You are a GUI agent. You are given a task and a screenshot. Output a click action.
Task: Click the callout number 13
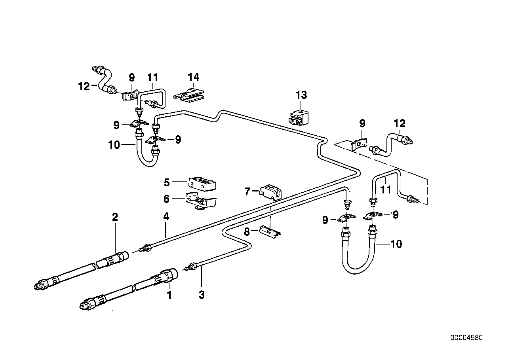click(x=301, y=95)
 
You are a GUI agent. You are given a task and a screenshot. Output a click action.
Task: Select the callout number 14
click(x=193, y=77)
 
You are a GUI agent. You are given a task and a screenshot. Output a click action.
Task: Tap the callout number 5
click(x=167, y=183)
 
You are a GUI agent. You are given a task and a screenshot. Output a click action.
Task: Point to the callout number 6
click(x=166, y=199)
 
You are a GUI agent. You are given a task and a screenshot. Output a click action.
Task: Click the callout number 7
click(x=247, y=191)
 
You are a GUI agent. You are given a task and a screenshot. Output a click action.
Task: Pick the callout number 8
click(x=247, y=232)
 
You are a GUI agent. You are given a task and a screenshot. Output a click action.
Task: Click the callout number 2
click(x=115, y=217)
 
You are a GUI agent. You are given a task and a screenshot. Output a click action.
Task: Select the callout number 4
click(x=166, y=217)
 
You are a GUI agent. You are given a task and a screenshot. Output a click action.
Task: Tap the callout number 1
click(x=169, y=295)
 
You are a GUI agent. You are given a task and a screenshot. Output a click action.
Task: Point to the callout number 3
click(x=202, y=295)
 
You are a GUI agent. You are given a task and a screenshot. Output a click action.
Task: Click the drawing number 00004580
click(x=466, y=338)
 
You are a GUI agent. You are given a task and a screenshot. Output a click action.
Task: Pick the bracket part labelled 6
click(x=200, y=201)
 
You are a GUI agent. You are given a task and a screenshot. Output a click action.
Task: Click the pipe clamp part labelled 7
click(x=270, y=192)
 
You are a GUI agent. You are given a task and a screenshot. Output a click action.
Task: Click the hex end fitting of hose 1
click(x=170, y=275)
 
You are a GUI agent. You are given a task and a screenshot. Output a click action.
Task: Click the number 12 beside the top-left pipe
click(x=84, y=86)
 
